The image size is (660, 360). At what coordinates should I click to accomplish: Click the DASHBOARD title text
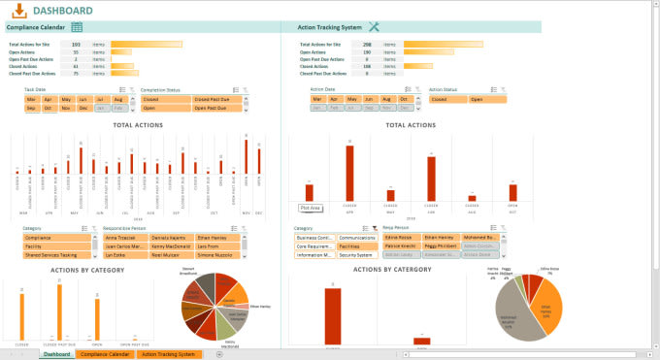coord(62,11)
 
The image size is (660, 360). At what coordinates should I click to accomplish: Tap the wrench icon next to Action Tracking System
coord(374,27)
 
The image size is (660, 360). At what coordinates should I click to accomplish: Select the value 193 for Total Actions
coord(76,44)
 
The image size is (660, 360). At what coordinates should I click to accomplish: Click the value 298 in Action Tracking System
coord(367,44)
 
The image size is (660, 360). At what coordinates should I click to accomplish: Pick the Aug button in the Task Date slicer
coord(118,99)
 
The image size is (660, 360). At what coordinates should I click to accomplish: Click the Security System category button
coord(357,254)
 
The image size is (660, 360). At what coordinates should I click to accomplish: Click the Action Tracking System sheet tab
coord(169,354)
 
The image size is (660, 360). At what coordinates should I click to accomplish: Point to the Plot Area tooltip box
coord(311,208)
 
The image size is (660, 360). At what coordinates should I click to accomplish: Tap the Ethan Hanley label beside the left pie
coord(260,307)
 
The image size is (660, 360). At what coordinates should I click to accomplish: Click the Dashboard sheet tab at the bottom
coord(55,354)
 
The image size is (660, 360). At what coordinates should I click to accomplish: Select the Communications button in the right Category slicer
coord(357,238)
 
